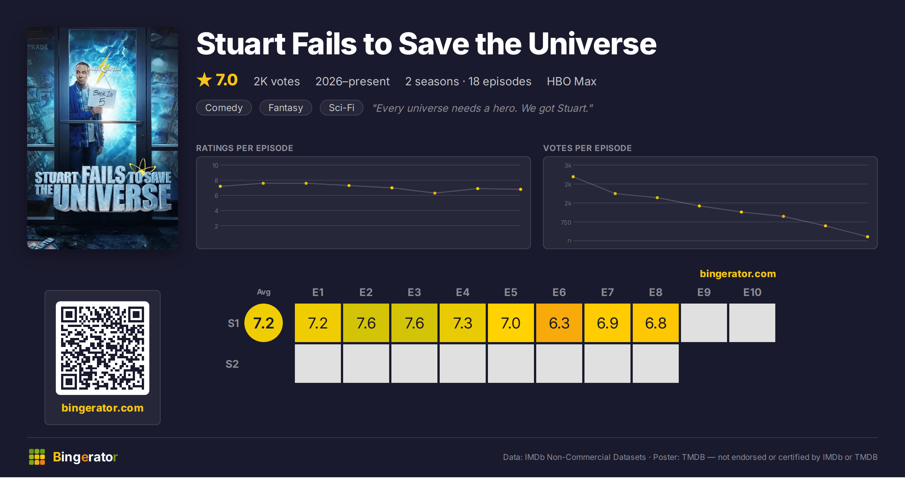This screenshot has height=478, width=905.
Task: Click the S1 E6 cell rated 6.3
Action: point(559,323)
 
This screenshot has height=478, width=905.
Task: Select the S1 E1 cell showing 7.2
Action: point(318,323)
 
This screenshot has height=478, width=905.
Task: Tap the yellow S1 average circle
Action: point(264,323)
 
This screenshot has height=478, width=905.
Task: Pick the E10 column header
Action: point(752,292)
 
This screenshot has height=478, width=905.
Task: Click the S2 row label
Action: point(232,364)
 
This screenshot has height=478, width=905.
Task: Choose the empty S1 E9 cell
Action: point(704,323)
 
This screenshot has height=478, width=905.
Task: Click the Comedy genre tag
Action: point(224,108)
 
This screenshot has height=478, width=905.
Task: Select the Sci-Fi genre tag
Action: point(342,108)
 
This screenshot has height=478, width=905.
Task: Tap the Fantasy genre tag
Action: point(286,108)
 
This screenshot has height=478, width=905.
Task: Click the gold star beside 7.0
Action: point(204,80)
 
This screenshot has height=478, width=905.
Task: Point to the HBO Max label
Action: point(572,81)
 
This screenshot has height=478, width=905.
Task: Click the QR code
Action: point(103,348)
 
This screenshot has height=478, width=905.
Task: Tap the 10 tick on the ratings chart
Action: point(215,165)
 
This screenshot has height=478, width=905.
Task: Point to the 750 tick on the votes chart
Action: point(566,222)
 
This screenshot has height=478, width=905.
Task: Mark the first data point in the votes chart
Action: point(573,177)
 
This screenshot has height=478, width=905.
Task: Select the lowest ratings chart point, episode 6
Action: point(435,193)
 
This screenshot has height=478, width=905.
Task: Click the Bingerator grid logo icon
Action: point(37,457)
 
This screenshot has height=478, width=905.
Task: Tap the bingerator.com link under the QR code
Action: point(103,408)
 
